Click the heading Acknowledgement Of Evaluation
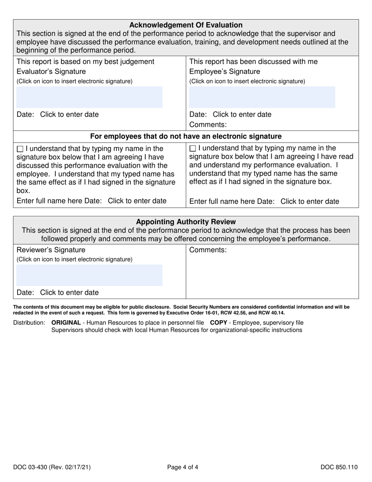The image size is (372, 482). pos(186,25)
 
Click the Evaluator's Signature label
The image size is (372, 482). pos(51,71)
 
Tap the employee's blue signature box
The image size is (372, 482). pos(262,97)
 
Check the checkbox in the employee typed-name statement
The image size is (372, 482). pos(193,149)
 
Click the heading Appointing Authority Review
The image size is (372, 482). pos(186,222)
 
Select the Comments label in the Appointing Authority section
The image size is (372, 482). pos(208,250)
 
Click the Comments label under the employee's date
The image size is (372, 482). pos(208,125)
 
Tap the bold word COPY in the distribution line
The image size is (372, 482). pos(219,323)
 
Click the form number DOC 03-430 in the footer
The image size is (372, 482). pos(53,467)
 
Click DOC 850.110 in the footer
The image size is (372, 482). pos(339,467)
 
